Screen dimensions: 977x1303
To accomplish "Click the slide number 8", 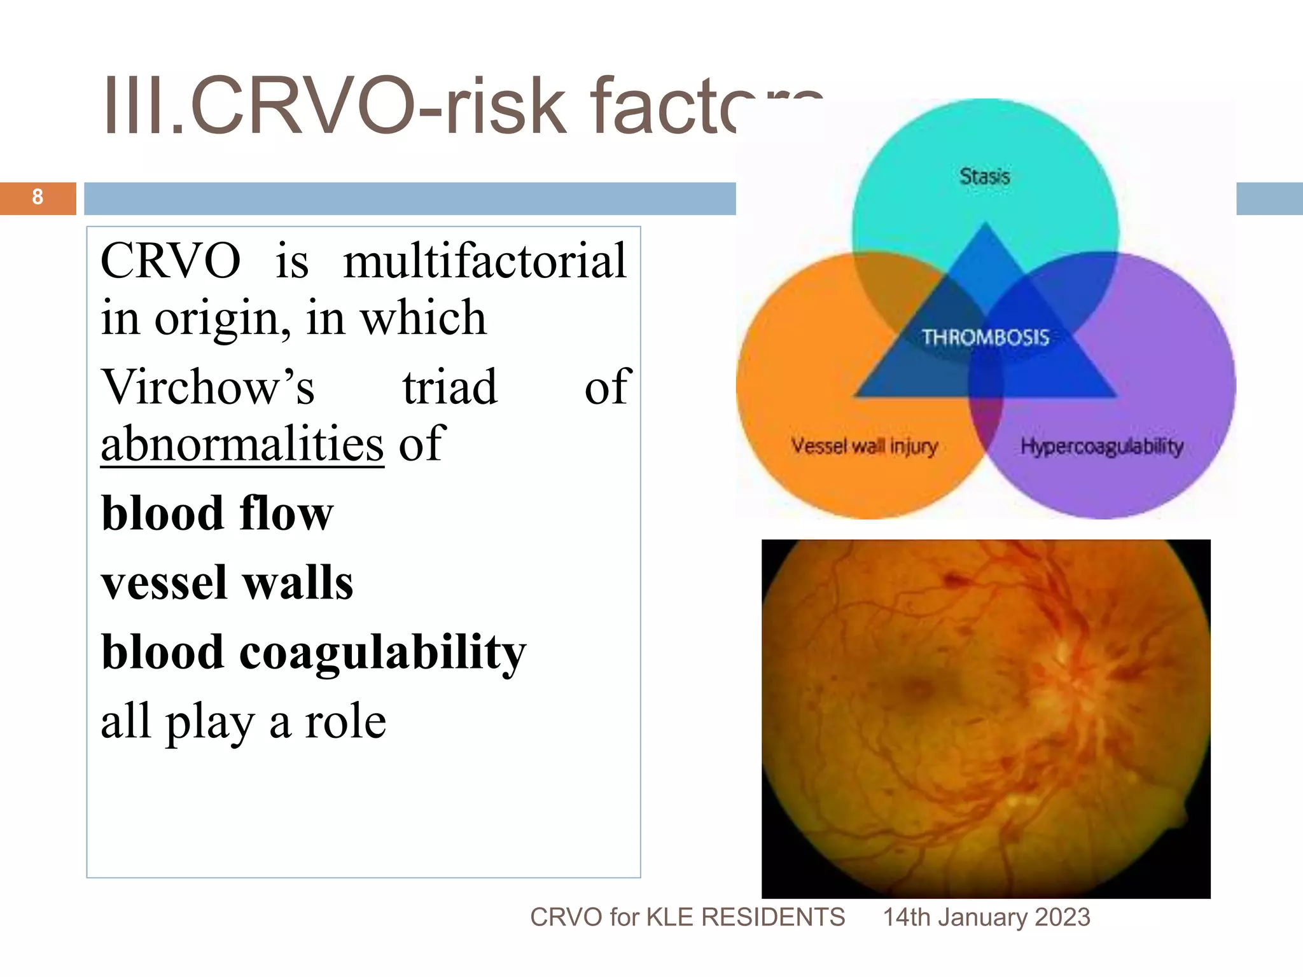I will point(38,197).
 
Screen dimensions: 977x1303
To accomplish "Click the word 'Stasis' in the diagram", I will point(984,176).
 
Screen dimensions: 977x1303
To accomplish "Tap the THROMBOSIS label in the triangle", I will point(986,337).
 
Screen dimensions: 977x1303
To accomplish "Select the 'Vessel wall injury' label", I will point(864,446).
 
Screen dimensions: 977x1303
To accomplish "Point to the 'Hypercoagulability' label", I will point(1101,446).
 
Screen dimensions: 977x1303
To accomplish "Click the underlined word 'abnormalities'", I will point(242,443).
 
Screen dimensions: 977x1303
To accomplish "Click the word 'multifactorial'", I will point(485,261).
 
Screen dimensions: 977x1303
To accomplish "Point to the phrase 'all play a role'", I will point(243,721).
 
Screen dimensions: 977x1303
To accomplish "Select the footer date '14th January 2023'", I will point(986,917).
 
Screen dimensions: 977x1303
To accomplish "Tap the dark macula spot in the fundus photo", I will point(917,687).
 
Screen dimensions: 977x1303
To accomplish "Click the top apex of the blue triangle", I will point(986,226).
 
